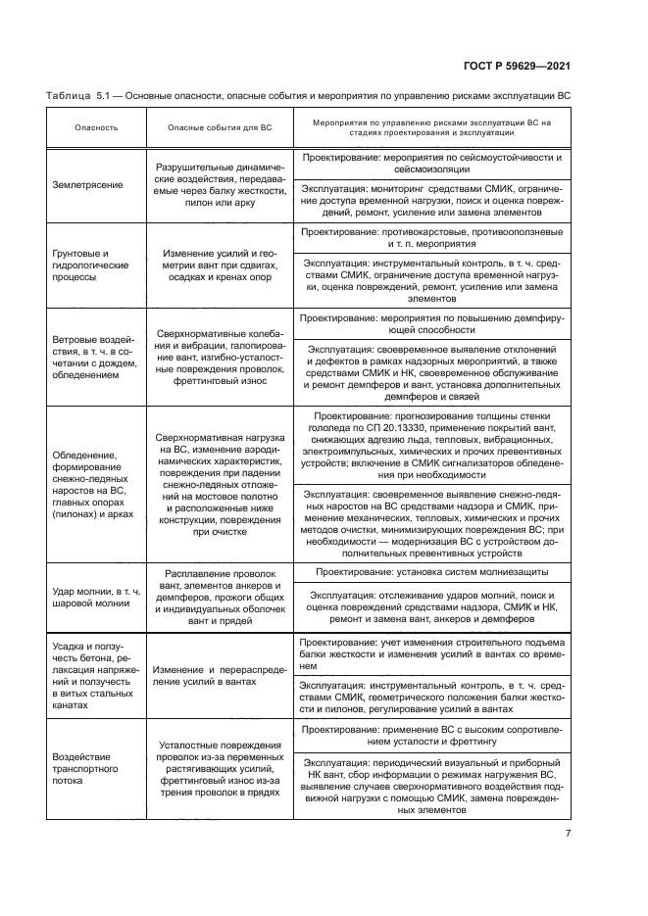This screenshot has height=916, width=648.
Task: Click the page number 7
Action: pos(568,835)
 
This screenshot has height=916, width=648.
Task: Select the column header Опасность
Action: pos(96,128)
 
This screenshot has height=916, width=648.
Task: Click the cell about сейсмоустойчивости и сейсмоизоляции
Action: pos(431,163)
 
